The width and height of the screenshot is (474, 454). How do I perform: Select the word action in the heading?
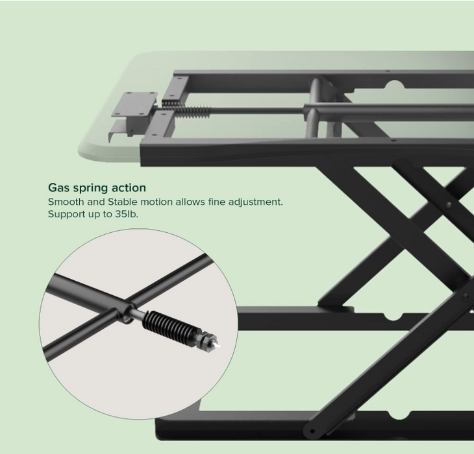[x=129, y=187]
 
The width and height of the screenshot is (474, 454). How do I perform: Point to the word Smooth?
[x=66, y=202]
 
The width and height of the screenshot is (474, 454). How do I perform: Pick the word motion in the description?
[x=161, y=202]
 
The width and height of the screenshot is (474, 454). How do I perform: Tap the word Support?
[x=68, y=214]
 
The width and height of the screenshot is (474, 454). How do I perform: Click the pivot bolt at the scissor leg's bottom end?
[x=314, y=431]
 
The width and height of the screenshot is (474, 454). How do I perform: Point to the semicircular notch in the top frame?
[x=395, y=84]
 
